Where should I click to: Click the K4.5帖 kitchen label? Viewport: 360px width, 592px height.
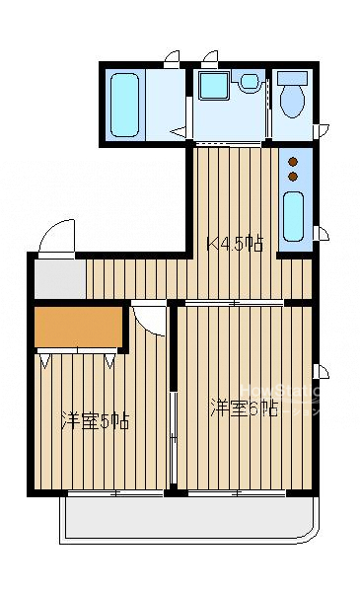pyautogui.click(x=234, y=243)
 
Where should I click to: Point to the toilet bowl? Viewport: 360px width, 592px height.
pyautogui.click(x=292, y=98)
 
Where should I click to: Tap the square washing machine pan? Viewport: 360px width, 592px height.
pyautogui.click(x=212, y=86)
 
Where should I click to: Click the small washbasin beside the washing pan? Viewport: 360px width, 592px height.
pyautogui.click(x=248, y=82)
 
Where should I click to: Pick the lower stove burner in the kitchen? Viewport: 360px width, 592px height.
pyautogui.click(x=293, y=176)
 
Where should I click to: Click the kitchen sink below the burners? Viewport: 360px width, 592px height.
pyautogui.click(x=294, y=216)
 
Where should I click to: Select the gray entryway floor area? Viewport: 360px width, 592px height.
pyautogui.click(x=56, y=275)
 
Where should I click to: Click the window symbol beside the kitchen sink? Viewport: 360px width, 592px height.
pyautogui.click(x=321, y=233)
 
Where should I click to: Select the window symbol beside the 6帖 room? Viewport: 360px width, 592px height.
pyautogui.click(x=320, y=371)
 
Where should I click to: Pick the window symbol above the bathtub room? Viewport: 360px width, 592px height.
pyautogui.click(x=172, y=56)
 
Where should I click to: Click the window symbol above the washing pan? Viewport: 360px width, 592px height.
pyautogui.click(x=210, y=56)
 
